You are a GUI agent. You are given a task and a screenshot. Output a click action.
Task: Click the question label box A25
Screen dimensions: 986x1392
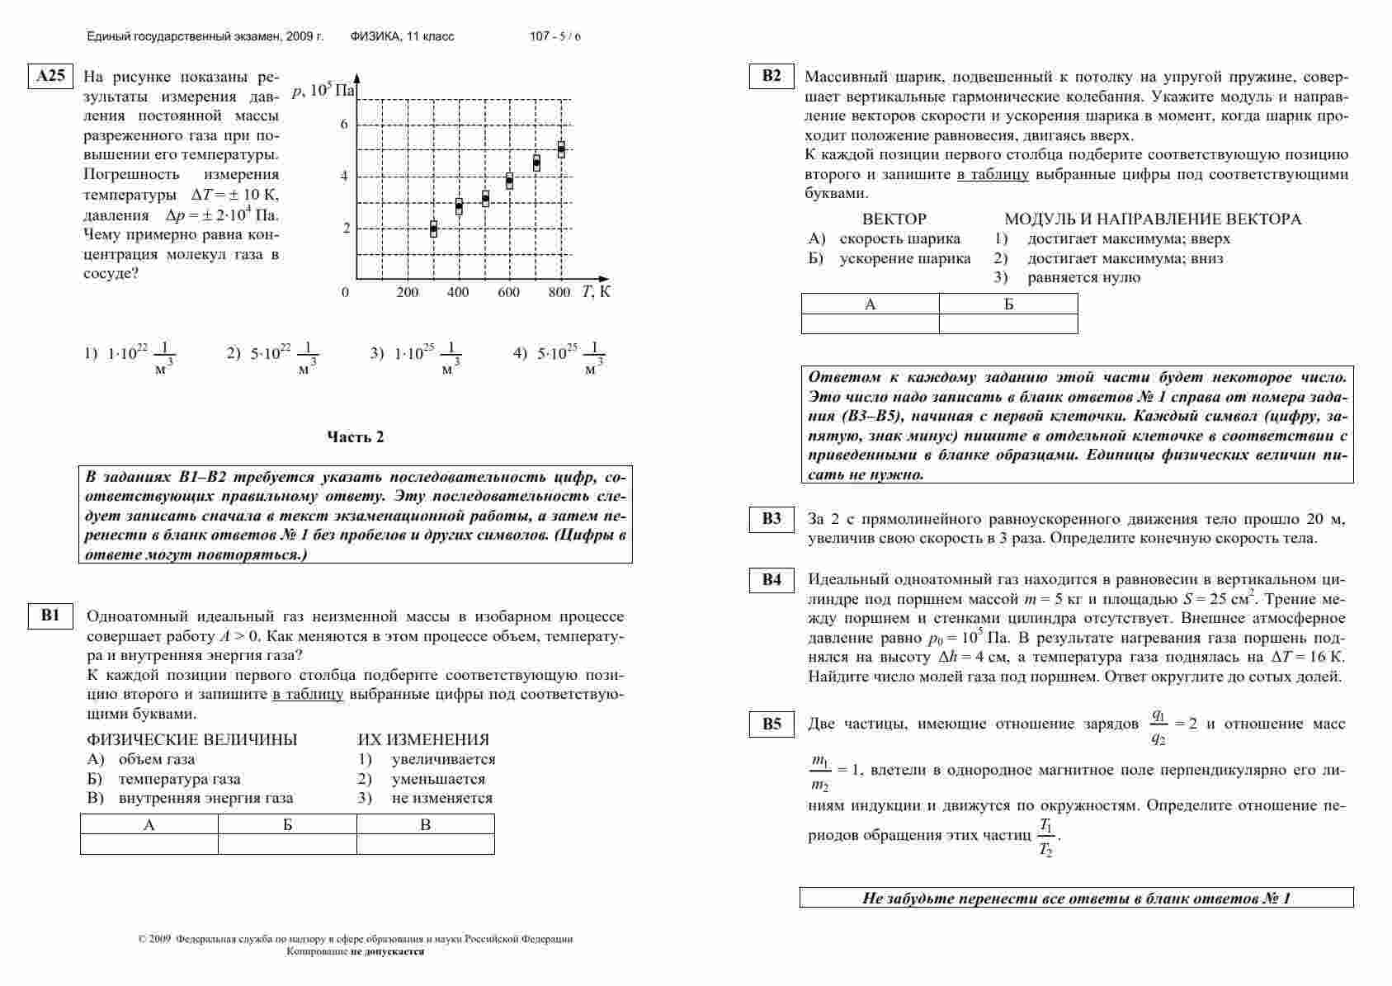pos(50,77)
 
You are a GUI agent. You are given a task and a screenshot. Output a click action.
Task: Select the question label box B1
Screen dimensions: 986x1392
pos(50,616)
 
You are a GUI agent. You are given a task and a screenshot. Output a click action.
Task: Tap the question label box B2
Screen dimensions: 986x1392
pos(771,76)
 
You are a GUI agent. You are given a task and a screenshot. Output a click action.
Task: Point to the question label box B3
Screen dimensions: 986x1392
pos(771,519)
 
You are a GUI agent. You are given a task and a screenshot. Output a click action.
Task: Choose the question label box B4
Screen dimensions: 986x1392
pos(771,580)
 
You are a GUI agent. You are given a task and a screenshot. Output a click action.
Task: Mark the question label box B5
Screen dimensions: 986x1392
pos(771,724)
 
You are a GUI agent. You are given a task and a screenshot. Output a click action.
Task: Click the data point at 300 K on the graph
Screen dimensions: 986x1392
pos(434,229)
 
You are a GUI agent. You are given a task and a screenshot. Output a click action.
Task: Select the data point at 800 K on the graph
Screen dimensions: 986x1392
pos(561,149)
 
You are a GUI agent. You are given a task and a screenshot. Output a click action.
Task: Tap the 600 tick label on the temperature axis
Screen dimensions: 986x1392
pos(508,292)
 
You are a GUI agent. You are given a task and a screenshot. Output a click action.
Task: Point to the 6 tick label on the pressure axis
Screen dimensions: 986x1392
pos(345,125)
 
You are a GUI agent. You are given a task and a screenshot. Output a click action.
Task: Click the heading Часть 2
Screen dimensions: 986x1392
pos(356,437)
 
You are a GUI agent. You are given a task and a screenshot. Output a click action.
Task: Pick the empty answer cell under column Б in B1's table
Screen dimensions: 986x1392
pos(287,844)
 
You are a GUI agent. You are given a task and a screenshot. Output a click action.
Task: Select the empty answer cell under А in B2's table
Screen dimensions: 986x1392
pos(870,323)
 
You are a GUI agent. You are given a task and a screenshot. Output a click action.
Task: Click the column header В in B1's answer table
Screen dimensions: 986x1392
pos(425,824)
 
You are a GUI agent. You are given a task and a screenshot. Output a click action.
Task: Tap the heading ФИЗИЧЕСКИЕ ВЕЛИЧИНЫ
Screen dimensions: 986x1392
pos(191,739)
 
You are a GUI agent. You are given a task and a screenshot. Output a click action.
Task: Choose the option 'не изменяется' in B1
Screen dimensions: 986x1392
pos(441,798)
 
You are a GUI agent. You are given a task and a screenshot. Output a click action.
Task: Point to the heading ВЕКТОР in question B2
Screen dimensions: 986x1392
pos(894,219)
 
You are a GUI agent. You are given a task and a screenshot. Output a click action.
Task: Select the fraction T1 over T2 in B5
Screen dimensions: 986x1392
pos(1045,837)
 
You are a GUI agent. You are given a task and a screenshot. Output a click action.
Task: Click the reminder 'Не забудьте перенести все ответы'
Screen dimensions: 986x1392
pos(1076,898)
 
